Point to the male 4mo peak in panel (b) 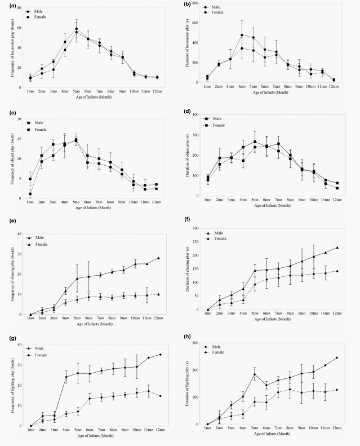[242, 35]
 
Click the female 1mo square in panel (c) [30, 193]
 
